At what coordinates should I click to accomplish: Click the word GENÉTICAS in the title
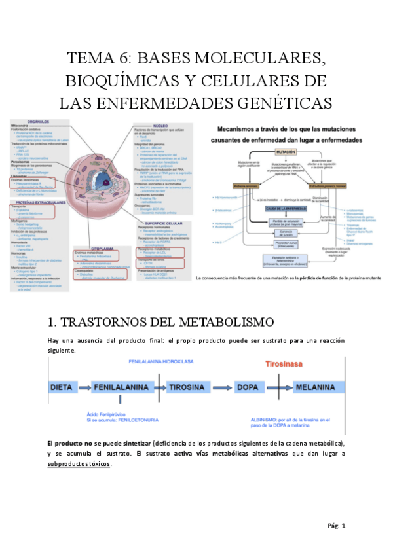tap(280, 103)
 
